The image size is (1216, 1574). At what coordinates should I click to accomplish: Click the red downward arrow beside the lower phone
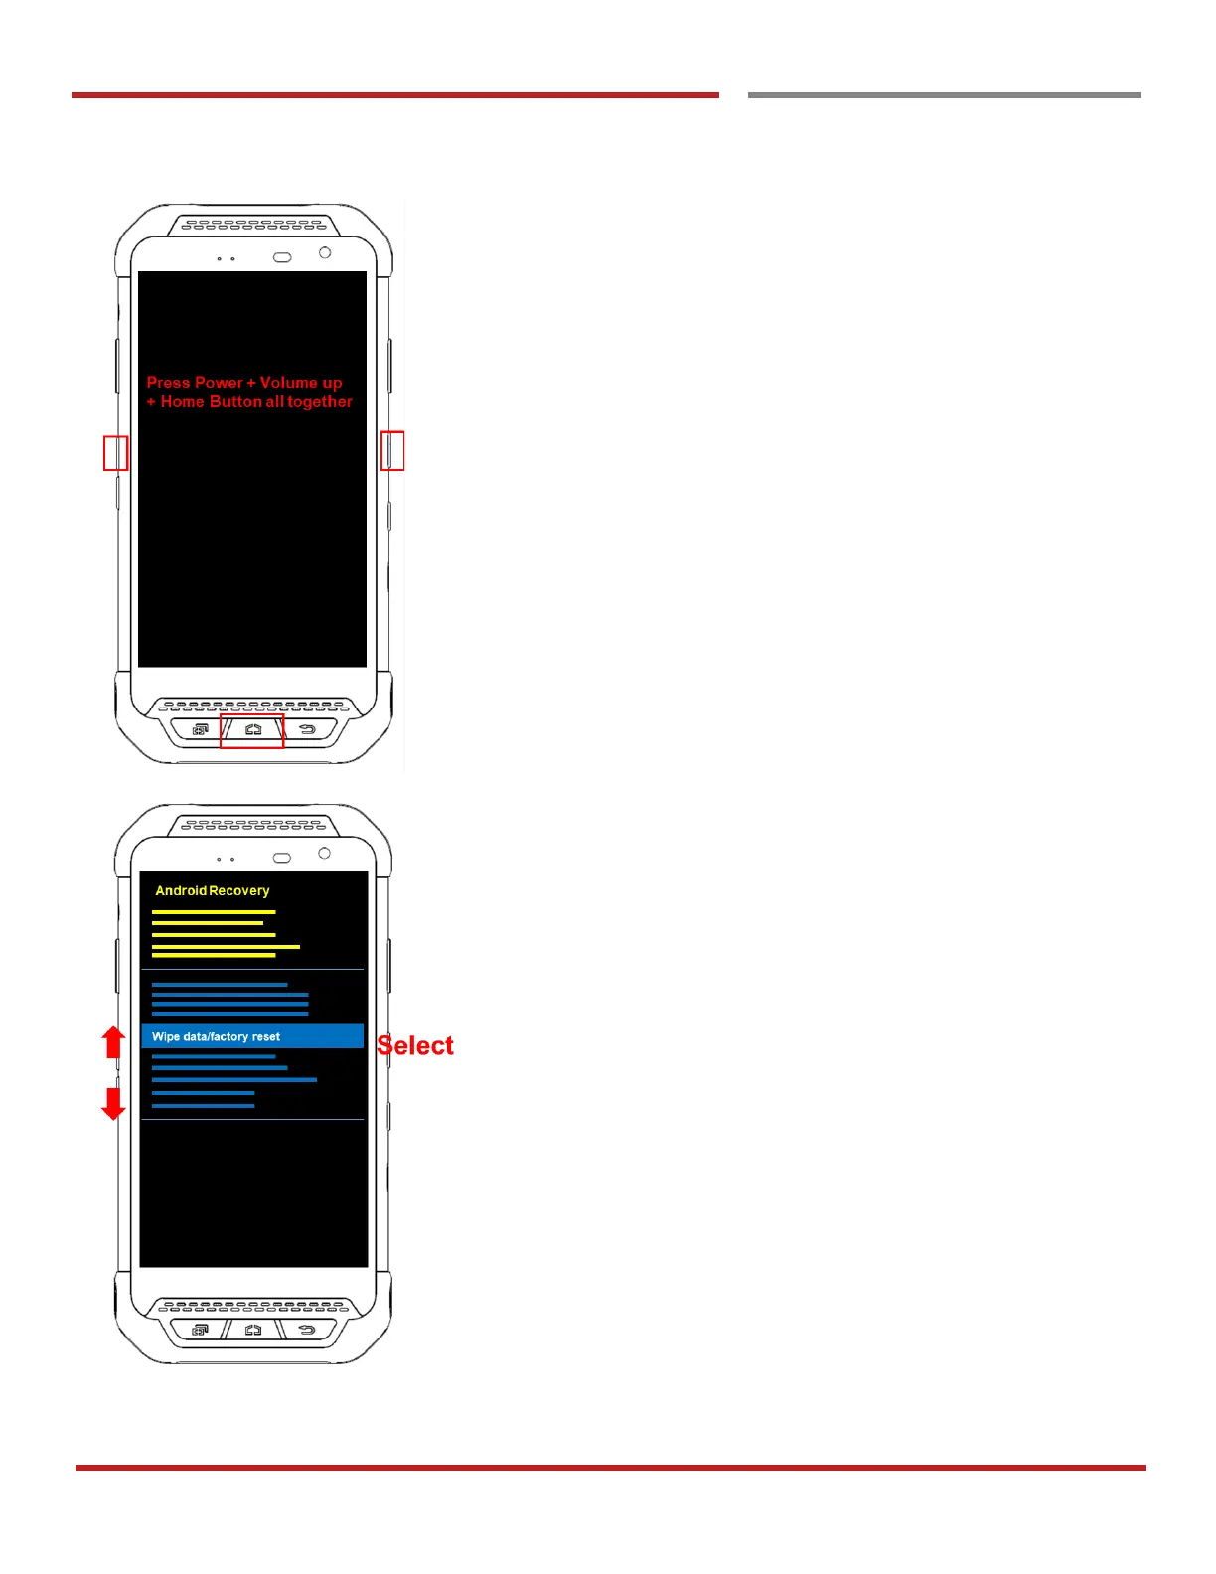pyautogui.click(x=114, y=1103)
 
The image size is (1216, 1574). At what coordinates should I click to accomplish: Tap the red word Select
pyautogui.click(x=415, y=1045)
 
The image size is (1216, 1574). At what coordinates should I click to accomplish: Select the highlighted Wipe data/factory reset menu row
pyautogui.click(x=252, y=1036)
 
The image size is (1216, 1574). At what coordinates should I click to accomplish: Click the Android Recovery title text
pyautogui.click(x=213, y=890)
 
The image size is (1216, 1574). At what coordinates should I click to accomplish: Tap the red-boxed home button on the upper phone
pyautogui.click(x=252, y=730)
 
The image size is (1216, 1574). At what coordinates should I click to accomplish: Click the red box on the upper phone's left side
pyautogui.click(x=116, y=453)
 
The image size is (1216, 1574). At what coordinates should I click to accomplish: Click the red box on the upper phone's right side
pyautogui.click(x=392, y=450)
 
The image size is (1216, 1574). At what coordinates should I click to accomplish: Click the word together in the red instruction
pyautogui.click(x=320, y=402)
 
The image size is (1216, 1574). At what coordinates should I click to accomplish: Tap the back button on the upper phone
pyautogui.click(x=307, y=730)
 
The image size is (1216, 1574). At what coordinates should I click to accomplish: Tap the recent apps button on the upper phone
pyautogui.click(x=200, y=730)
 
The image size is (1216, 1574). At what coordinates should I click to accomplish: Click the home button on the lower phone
pyautogui.click(x=253, y=1330)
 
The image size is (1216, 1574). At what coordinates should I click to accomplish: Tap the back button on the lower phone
pyautogui.click(x=307, y=1330)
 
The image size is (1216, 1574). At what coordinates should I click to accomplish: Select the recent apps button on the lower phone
pyautogui.click(x=200, y=1330)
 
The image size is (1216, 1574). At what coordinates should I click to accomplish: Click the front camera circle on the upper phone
pyautogui.click(x=325, y=253)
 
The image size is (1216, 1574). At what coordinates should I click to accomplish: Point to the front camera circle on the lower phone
pyautogui.click(x=324, y=854)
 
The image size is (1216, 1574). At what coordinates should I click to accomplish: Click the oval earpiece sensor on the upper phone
pyautogui.click(x=282, y=257)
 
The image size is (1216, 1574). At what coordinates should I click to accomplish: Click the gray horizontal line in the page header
pyautogui.click(x=944, y=95)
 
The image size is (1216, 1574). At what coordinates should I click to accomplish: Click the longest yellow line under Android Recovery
pyautogui.click(x=226, y=947)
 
